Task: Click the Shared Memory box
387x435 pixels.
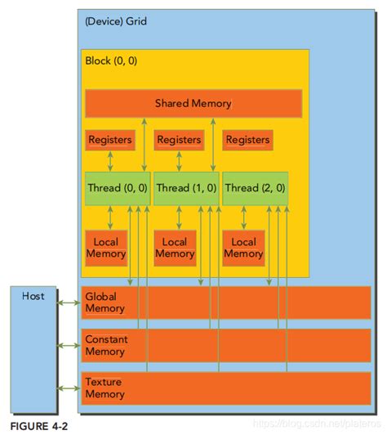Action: point(193,104)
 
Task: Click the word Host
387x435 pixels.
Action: point(33,295)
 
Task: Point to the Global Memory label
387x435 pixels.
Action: point(105,303)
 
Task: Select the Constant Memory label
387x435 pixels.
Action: point(106,345)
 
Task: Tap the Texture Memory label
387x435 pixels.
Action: point(105,388)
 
